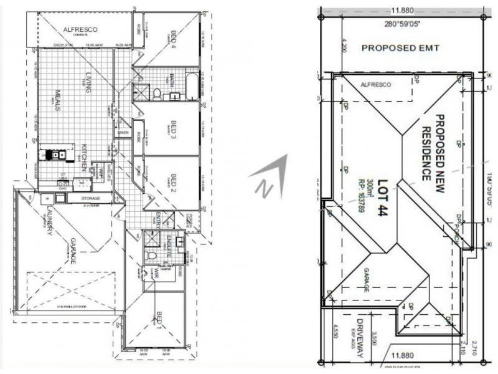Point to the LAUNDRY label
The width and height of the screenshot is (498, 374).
point(49,223)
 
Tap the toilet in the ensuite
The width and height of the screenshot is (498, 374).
point(150,256)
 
